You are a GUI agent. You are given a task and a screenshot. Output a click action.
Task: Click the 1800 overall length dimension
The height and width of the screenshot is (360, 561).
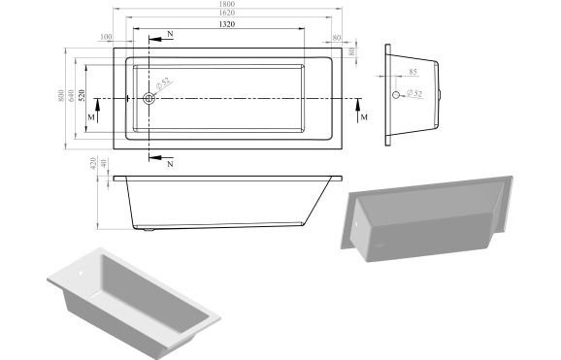[x=225, y=5]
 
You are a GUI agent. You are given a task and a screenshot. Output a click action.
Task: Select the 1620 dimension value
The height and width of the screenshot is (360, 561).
[x=225, y=16]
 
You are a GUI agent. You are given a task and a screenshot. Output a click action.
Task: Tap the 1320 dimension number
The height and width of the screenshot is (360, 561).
[x=225, y=25]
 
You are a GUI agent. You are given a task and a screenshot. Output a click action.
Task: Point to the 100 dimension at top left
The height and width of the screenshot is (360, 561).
[x=105, y=38]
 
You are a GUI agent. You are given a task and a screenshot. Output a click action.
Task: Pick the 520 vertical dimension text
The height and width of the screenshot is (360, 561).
[x=82, y=97]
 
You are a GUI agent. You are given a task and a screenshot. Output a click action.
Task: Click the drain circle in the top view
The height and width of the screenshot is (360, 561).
[x=149, y=98]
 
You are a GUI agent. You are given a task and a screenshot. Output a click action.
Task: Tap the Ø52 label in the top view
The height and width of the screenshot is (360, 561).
[x=165, y=85]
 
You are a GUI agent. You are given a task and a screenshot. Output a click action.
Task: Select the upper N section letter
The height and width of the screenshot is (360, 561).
[x=170, y=35]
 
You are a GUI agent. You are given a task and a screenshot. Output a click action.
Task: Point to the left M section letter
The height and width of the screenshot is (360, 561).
[x=91, y=117]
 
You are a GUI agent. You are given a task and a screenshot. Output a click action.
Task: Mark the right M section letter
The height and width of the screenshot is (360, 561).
[x=364, y=117]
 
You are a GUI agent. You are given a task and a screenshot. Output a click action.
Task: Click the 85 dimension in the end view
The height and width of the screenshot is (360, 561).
[x=413, y=73]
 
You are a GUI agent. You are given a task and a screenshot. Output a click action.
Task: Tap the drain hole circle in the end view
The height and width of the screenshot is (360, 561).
[x=396, y=95]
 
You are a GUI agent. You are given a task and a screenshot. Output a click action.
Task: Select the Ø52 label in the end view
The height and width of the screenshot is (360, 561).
[x=413, y=93]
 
